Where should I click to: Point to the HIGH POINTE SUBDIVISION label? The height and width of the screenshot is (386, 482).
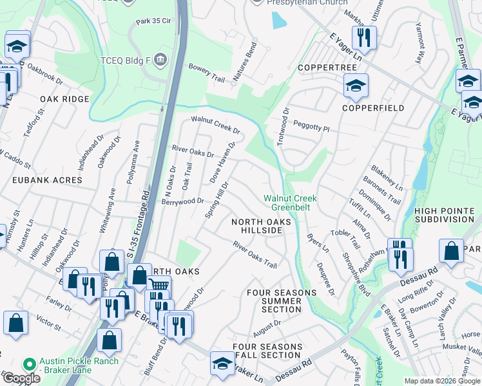click(444, 215)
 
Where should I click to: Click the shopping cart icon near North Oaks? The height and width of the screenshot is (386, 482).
click(159, 286)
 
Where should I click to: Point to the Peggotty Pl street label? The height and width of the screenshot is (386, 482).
click(311, 127)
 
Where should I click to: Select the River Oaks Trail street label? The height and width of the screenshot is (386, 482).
click(255, 255)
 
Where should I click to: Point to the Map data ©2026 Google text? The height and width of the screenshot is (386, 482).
click(441, 381)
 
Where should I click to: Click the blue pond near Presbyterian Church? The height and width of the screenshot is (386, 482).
click(278, 21)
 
